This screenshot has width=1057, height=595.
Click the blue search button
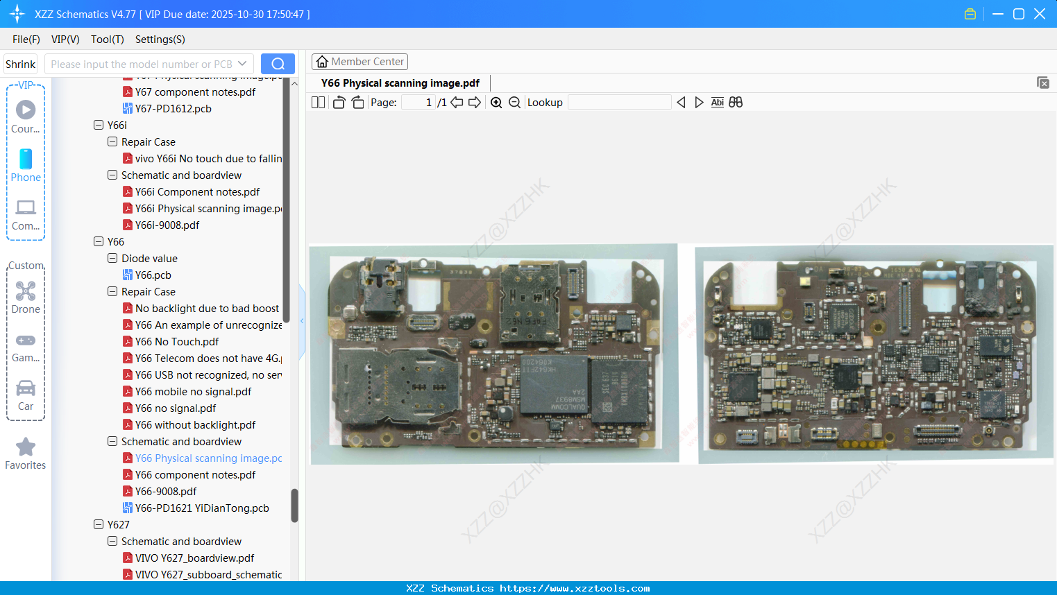pos(278,64)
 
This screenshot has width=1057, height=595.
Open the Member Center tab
pos(360,62)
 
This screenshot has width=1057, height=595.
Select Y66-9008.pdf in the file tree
pos(166,492)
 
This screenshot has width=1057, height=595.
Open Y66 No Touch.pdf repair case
pos(177,342)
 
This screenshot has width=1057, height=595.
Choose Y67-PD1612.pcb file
pos(173,109)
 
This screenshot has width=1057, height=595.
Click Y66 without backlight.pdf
pos(195,425)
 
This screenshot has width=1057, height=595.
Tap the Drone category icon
pos(26,291)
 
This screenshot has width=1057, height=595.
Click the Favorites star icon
pos(26,447)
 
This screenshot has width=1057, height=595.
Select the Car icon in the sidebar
pos(26,389)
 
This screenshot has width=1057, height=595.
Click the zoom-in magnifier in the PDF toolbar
pos(496,103)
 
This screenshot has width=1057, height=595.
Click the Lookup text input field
pos(619,103)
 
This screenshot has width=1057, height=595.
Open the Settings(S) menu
pos(160,40)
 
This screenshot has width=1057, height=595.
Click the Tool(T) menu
pos(107,40)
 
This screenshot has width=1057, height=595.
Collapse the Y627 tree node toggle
pos(99,525)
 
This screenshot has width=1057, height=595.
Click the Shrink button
pos(21,64)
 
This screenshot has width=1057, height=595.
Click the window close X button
pos(1040,14)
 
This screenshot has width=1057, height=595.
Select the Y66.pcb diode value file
pos(153,275)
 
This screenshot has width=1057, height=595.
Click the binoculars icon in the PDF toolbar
pos(736,103)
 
